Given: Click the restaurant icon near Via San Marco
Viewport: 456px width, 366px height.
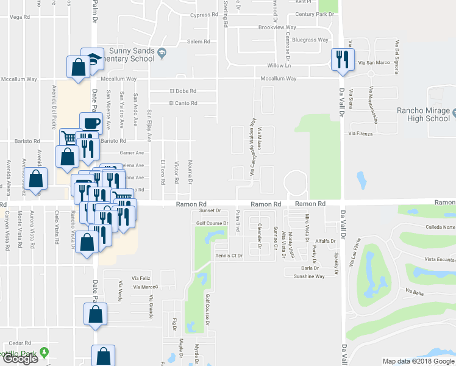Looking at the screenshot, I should [340, 59].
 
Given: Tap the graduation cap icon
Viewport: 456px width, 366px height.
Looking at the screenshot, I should [92, 59].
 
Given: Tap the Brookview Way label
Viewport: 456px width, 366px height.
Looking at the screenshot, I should [277, 27].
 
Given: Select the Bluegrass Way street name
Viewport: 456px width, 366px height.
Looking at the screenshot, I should [310, 40].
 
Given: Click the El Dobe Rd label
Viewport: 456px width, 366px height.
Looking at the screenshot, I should [183, 91].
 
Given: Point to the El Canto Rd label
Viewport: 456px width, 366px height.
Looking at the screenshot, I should [183, 103].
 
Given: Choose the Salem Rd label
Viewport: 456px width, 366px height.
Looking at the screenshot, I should [198, 41].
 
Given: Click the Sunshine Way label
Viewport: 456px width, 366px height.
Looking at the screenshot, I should [308, 276].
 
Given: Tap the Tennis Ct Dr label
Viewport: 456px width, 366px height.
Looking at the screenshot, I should [230, 256].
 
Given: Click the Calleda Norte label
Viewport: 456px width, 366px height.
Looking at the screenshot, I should [441, 228].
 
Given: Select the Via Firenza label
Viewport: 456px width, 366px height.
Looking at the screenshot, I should [360, 133].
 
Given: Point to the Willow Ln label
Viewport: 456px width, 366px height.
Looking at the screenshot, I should [279, 65].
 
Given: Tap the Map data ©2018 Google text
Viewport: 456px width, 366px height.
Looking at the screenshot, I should [418, 361].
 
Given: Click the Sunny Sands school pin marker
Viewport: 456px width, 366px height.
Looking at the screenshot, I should [162, 53].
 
